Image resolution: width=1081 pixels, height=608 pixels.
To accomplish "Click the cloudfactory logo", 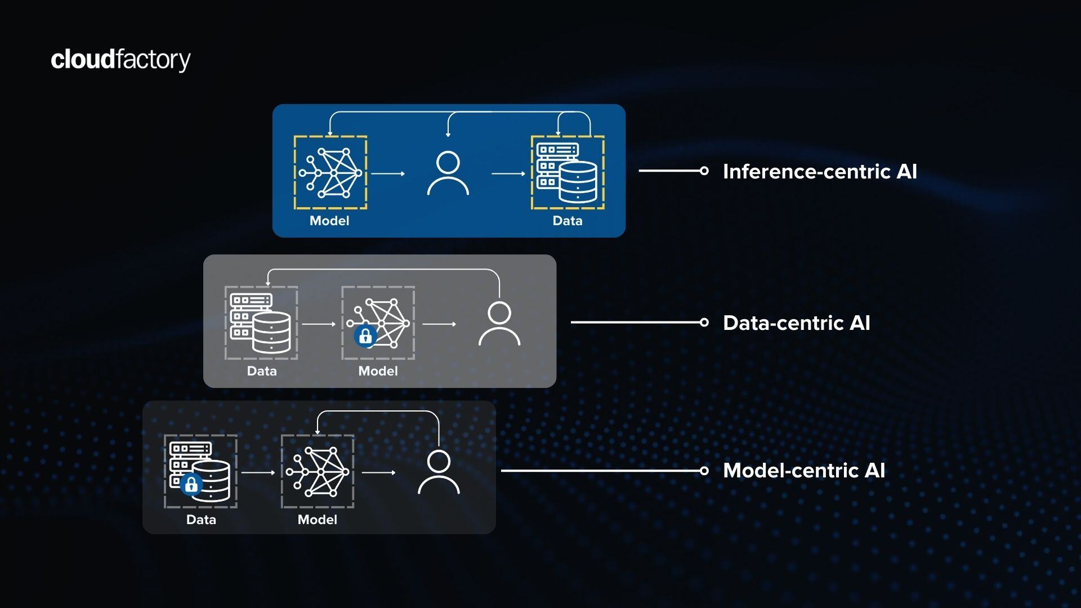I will tap(120, 60).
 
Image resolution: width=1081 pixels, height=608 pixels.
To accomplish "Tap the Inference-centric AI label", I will tap(819, 172).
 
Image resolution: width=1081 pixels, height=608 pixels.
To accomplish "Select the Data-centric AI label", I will tap(796, 323).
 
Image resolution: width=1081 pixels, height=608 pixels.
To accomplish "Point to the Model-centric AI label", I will tap(803, 471).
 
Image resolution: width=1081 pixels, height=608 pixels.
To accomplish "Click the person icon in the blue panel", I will tap(448, 173).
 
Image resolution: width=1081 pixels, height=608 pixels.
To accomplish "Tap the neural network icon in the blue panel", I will tap(330, 173).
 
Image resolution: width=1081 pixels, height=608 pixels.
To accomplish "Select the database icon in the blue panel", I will tap(567, 173).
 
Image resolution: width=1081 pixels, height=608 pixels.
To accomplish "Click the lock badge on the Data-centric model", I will tap(365, 337).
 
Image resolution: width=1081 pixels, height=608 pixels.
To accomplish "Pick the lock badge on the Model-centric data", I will tap(191, 485).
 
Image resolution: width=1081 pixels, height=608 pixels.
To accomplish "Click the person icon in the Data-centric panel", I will tap(499, 324).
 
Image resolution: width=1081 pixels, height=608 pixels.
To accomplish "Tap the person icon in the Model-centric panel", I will tap(439, 472).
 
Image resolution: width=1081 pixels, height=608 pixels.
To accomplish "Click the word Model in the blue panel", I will tap(329, 221).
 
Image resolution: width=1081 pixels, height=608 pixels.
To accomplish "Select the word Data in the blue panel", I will tap(567, 221).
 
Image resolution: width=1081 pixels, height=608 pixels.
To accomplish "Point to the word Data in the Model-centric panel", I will tap(201, 520).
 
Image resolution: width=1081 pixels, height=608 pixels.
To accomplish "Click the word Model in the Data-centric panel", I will tap(378, 371).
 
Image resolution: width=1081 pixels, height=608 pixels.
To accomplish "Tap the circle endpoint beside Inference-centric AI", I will tap(704, 171).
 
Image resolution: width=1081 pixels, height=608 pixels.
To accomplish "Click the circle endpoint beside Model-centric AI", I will tap(704, 471).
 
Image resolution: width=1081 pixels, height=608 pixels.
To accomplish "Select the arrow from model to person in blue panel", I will tap(388, 173).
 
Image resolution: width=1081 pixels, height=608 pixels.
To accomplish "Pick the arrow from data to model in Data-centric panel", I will tap(319, 324).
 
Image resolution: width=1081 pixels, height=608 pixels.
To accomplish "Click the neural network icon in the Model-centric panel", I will tap(318, 472).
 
